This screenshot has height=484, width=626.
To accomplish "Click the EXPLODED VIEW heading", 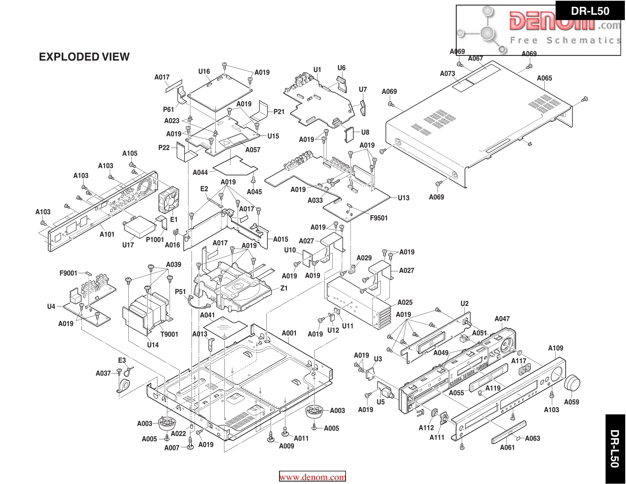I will click(84, 57).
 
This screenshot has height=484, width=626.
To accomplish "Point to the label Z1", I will click(284, 288).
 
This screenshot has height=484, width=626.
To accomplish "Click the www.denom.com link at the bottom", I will click(312, 477).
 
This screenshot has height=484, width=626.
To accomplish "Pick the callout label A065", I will click(544, 78).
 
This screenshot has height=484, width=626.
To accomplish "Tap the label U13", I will click(403, 198).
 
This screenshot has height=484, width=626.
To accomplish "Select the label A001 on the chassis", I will click(289, 333).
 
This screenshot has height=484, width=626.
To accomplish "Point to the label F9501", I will click(379, 218).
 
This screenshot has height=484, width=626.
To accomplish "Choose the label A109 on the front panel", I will click(556, 348).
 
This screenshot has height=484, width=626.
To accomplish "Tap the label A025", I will click(405, 302).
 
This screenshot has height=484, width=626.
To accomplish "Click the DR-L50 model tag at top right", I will click(590, 11).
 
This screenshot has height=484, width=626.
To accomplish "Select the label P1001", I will click(155, 240).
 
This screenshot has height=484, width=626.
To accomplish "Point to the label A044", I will click(200, 173).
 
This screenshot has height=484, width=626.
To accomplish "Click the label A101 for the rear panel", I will click(107, 234).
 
